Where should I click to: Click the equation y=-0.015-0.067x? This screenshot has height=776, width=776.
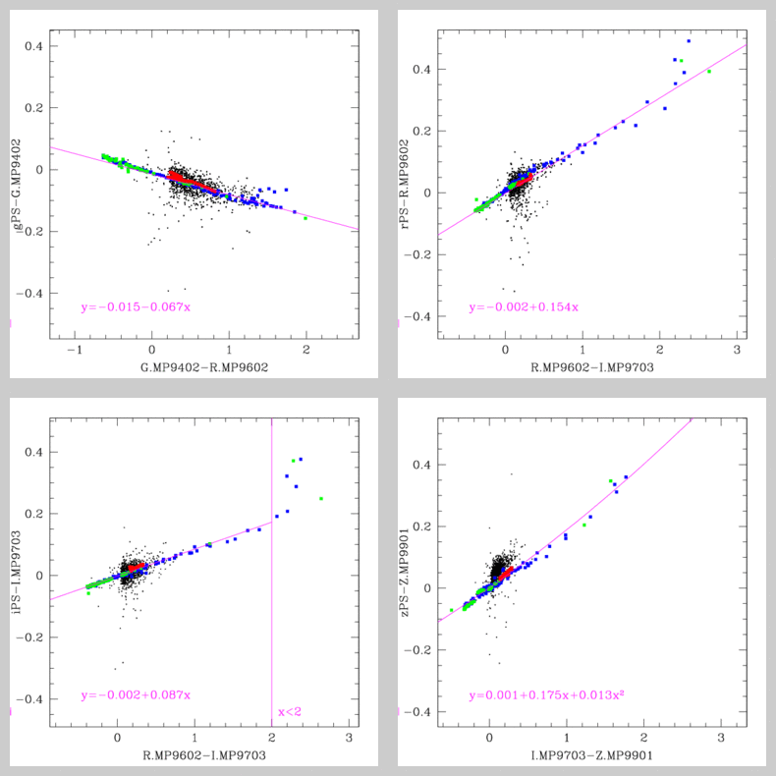pos(136,306)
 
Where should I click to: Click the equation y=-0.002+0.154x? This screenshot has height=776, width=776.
pos(524,306)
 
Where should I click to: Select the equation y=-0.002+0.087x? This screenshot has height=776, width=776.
pos(136,695)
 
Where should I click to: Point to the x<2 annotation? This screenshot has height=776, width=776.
pos(291,711)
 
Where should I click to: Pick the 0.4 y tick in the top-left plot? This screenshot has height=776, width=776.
pos(32,46)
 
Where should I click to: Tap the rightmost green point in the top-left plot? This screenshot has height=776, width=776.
pos(305,218)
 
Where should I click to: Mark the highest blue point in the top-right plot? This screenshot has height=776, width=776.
pos(689,41)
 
